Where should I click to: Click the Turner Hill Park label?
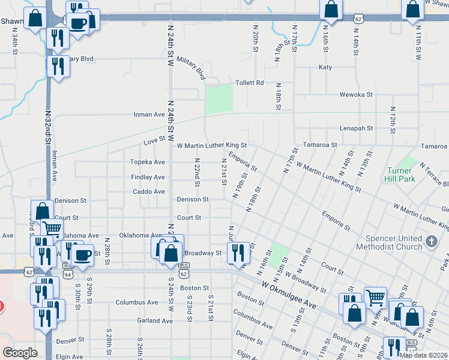(399, 175)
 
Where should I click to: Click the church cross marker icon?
(430, 242)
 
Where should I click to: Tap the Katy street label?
(325, 67)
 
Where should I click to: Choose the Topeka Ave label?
(148, 162)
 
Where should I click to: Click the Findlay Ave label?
(148, 177)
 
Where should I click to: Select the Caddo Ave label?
(148, 191)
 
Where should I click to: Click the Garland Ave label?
(154, 320)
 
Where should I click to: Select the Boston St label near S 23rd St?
(193, 288)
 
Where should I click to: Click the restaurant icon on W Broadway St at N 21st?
(239, 253)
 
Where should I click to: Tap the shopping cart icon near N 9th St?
(375, 296)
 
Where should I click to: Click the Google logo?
(20, 353)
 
